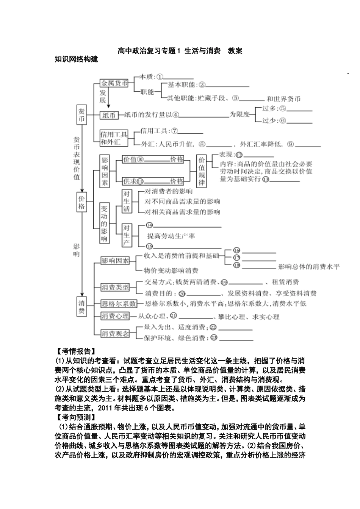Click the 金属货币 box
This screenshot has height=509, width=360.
[114, 83]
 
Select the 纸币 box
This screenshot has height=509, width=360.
[109, 115]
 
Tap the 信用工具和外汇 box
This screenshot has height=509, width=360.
[114, 138]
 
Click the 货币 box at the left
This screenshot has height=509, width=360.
[81, 115]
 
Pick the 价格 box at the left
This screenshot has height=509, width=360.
[81, 201]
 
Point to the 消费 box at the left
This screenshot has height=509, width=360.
[81, 307]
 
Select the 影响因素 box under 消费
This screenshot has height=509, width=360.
[115, 261]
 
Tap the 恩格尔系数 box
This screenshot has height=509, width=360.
[119, 304]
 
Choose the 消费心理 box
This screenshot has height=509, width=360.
[115, 316]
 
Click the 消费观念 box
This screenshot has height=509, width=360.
[115, 333]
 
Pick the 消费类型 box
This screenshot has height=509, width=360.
[115, 287]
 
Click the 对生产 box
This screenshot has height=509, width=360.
[126, 235]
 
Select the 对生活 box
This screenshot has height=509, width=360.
[126, 201]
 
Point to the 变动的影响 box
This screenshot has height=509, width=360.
[104, 223]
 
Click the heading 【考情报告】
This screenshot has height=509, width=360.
[75, 351]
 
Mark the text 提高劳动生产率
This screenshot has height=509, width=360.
[171, 236]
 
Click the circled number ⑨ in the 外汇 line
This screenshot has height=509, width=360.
[290, 144]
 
